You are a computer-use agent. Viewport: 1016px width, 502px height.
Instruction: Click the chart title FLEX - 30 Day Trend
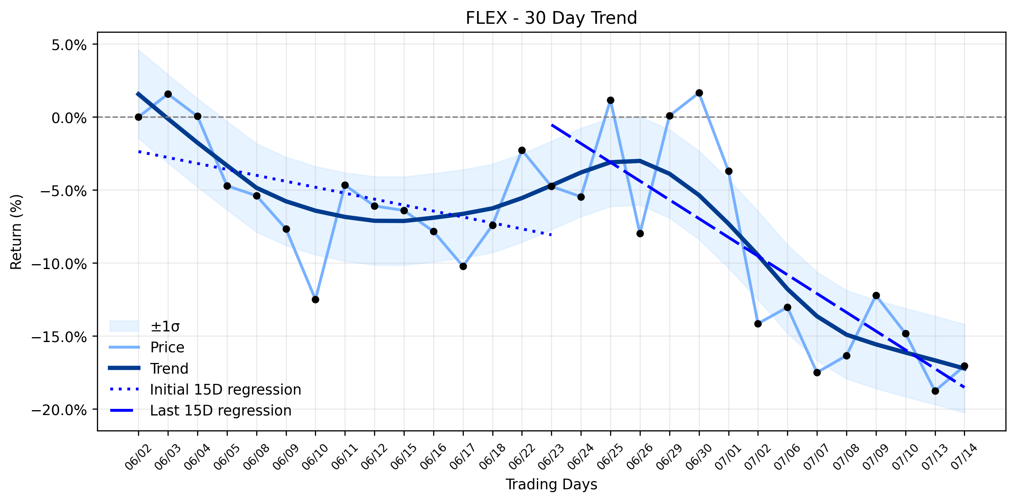pos(551,18)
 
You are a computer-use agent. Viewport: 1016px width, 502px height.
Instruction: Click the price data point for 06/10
pos(315,299)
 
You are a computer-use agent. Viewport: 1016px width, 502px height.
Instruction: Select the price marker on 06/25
pos(610,100)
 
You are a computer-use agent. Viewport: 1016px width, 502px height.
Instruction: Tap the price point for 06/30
pos(699,93)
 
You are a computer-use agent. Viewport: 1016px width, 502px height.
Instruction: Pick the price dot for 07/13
pos(935,391)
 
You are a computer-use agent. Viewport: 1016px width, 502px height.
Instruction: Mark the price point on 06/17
pos(463,266)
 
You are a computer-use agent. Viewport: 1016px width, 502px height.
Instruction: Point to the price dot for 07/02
pos(758,324)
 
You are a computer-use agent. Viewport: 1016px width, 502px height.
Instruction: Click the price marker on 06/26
pos(640,233)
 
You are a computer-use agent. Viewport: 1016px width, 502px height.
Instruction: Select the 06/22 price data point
pos(522,150)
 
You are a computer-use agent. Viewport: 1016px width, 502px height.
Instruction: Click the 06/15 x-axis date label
pos(404,456)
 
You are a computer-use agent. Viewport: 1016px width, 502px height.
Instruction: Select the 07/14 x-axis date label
pos(964,456)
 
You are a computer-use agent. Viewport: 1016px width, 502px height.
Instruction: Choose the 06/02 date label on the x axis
pos(138,456)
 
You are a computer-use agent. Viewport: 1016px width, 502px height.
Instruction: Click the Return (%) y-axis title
pos(16,232)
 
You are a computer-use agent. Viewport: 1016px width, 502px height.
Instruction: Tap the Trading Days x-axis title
pos(551,484)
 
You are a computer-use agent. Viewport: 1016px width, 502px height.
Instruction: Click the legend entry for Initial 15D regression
pos(205,389)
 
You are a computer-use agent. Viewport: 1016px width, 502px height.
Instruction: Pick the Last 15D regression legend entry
pos(200,411)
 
